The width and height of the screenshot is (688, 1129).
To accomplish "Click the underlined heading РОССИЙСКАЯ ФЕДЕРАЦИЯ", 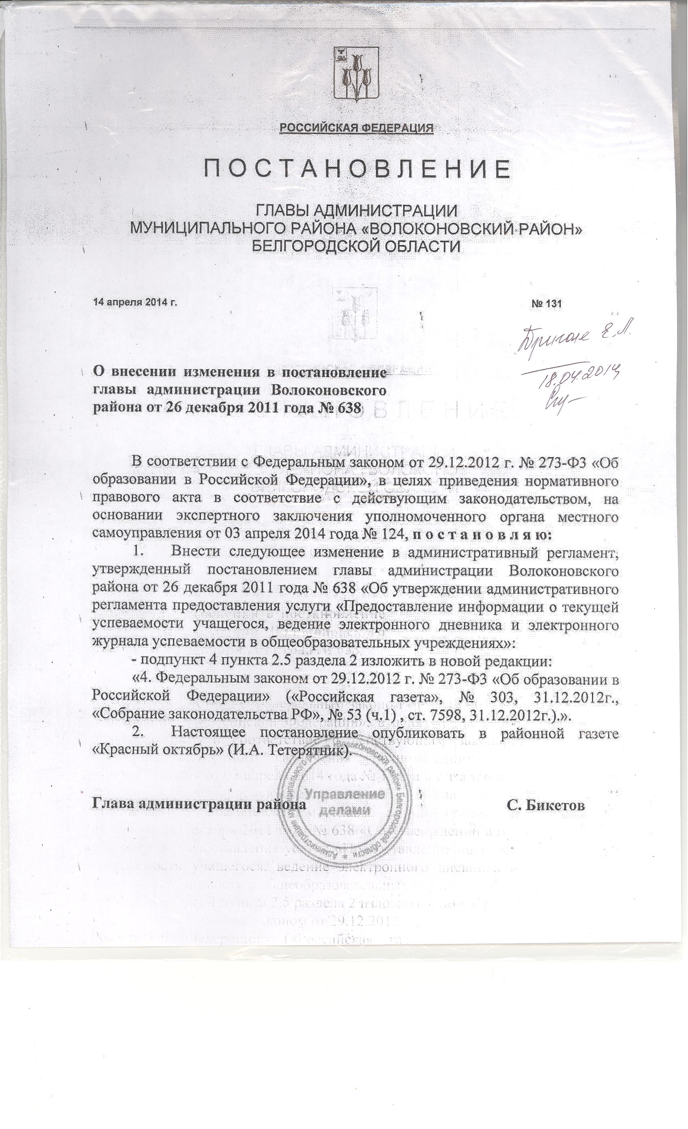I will point(357,128).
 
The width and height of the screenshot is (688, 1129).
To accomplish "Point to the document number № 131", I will point(546,303).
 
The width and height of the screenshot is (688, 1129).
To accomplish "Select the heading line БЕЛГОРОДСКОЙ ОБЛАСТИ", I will point(357,247).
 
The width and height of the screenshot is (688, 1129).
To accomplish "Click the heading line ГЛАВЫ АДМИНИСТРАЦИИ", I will point(357,211).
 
